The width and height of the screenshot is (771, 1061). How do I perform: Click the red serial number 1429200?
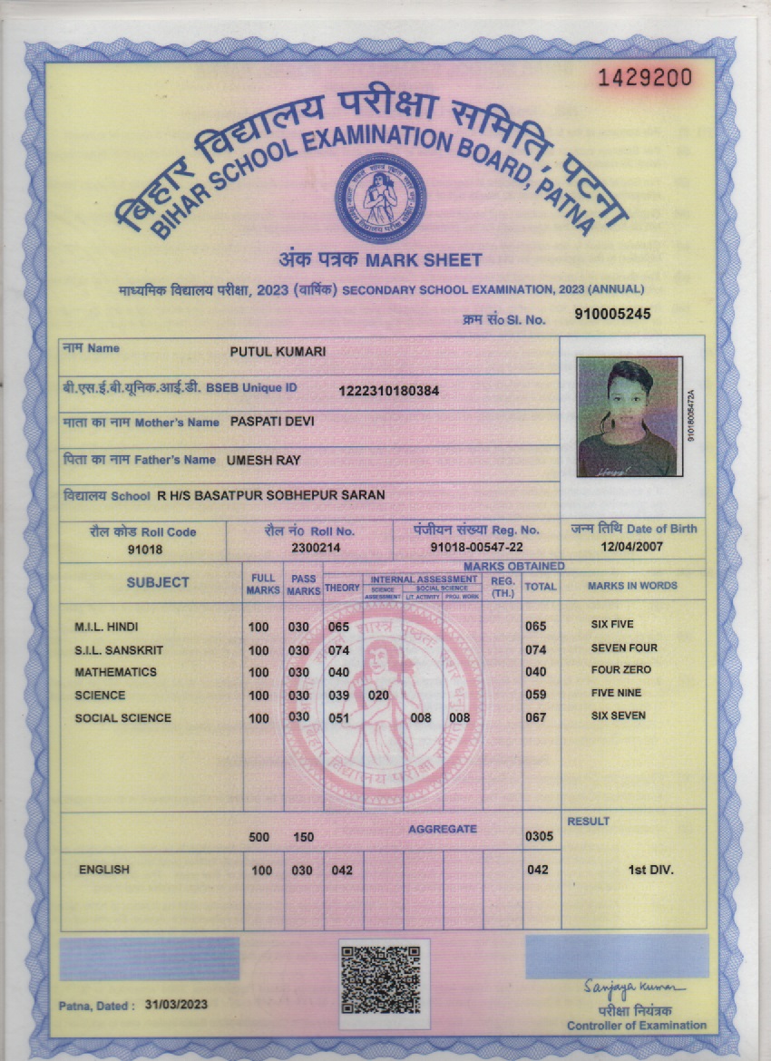pos(644,77)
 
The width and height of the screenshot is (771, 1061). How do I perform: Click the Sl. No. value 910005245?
pos(613,315)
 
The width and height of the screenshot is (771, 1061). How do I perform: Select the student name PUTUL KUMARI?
pos(278,351)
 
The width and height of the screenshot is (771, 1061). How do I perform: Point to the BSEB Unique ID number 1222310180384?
pos(389,391)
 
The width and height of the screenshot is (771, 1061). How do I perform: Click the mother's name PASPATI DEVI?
pos(272,422)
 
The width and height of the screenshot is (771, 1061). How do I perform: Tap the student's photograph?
pos(629,417)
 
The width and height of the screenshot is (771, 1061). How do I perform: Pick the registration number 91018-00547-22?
pos(476,548)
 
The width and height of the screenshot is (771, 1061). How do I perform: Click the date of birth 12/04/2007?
pos(632,547)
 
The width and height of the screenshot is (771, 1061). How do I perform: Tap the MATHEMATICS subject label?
pos(115,672)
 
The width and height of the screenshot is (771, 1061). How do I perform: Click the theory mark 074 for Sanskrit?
pos(339,650)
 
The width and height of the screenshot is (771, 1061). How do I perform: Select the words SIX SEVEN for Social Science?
pos(619,715)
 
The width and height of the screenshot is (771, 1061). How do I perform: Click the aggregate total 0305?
pos(539,836)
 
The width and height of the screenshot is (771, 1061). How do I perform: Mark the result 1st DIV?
pos(650,870)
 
